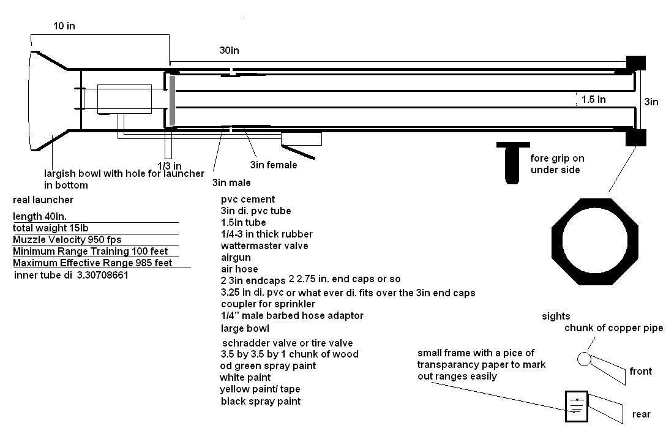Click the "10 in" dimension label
coord(64,26)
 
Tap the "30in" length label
coord(230,51)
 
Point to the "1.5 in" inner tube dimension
coord(593,99)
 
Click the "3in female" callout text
coord(273,165)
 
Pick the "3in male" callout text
coord(231,182)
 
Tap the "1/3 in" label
coord(170,166)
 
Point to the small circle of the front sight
coord(585,359)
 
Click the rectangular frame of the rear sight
coord(576,406)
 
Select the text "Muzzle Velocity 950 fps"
coord(71,239)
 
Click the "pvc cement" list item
coord(248,199)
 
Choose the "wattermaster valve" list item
coord(264,245)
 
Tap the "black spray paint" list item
coord(261,401)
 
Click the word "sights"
coord(556,317)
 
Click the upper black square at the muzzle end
coord(635,62)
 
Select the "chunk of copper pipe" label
coord(613,328)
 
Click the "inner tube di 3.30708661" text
coord(71,275)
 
